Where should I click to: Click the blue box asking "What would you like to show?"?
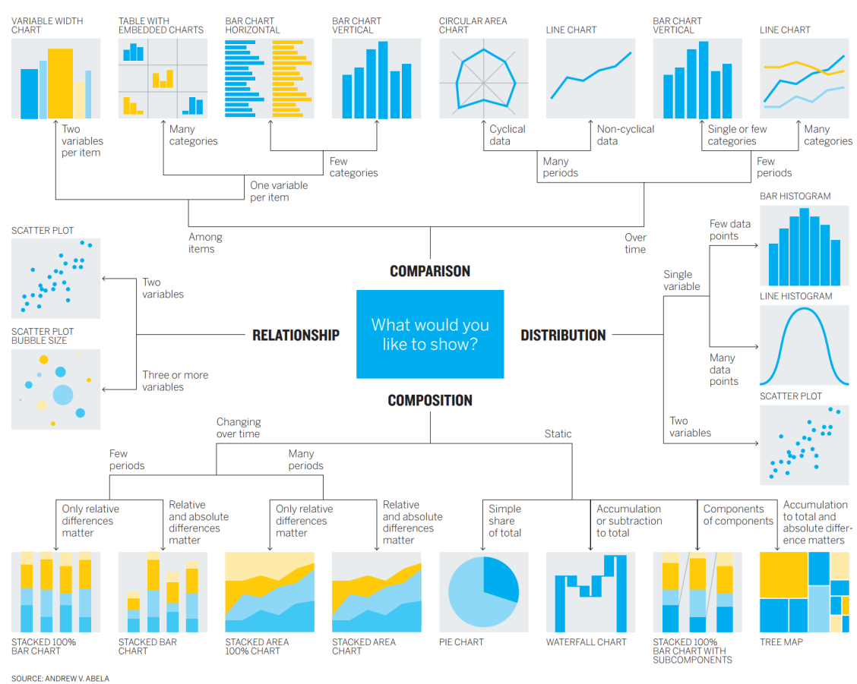[430, 334]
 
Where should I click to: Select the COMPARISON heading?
[430, 271]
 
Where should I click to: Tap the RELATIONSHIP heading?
[296, 335]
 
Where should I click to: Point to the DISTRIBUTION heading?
[563, 335]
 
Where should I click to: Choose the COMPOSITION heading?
[430, 400]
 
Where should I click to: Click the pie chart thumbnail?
[483, 592]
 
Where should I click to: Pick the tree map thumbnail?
[805, 592]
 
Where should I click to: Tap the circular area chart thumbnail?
[483, 79]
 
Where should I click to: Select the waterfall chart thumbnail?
[590, 592]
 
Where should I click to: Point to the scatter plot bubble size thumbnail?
[56, 389]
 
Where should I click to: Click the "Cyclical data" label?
[507, 135]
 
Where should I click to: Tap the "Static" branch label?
[558, 434]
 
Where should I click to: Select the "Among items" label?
[205, 243]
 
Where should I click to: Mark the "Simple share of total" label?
[504, 521]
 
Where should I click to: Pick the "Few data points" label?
[729, 229]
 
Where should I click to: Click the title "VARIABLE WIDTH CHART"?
[47, 25]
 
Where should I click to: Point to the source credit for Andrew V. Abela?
[60, 678]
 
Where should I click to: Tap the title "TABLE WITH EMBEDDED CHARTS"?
[161, 25]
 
